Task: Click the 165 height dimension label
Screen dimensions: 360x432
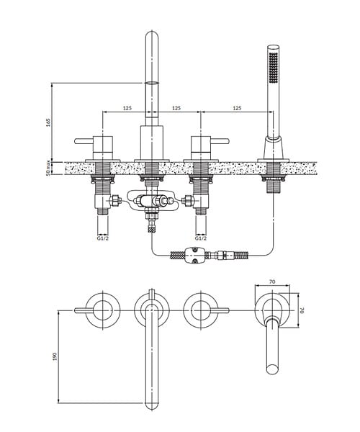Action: pyautogui.click(x=48, y=122)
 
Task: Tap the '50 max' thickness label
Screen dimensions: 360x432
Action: pyautogui.click(x=48, y=168)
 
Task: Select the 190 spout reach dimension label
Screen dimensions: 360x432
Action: pyautogui.click(x=55, y=356)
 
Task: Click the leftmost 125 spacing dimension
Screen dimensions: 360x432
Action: pyautogui.click(x=127, y=108)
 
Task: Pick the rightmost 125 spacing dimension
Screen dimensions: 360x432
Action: pyautogui.click(x=237, y=108)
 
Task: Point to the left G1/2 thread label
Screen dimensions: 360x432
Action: pyautogui.click(x=103, y=238)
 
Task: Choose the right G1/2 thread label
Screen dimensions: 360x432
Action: pyautogui.click(x=201, y=238)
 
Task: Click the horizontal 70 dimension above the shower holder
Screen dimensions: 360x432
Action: pyautogui.click(x=272, y=282)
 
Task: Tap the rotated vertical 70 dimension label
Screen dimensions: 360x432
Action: pyautogui.click(x=302, y=310)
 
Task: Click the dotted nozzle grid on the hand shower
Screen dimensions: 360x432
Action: pyautogui.click(x=274, y=67)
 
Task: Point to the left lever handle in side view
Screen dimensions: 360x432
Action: pyautogui.click(x=84, y=141)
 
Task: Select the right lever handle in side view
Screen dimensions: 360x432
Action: pyautogui.click(x=220, y=141)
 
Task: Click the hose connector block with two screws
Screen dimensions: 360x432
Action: pyautogui.click(x=194, y=256)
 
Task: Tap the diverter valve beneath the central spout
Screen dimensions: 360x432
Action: pyautogui.click(x=152, y=201)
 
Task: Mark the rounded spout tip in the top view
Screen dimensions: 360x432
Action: pyautogui.click(x=152, y=405)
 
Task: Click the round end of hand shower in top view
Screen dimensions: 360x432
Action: pyautogui.click(x=273, y=369)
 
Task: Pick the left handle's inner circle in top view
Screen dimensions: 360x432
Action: pyautogui.click(x=103, y=310)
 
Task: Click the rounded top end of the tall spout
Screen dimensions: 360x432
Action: pyautogui.click(x=152, y=35)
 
